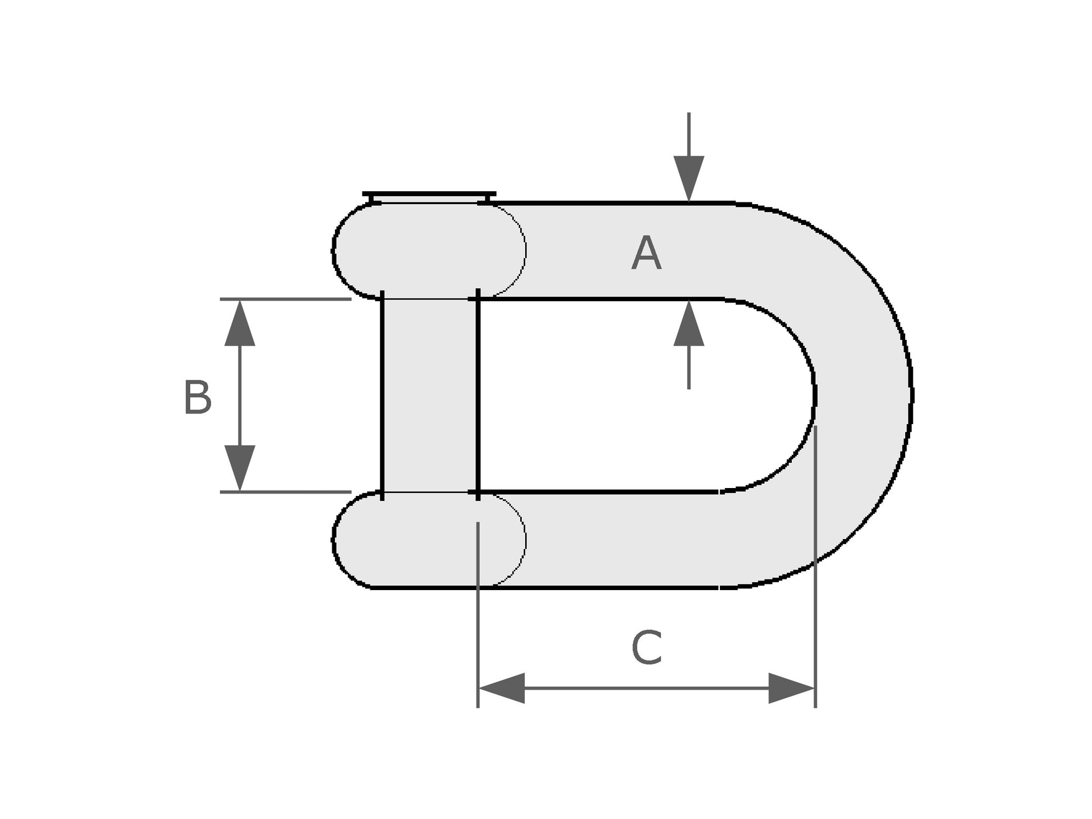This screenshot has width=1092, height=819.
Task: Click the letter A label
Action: tap(646, 254)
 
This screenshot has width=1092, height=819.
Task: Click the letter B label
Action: tap(198, 398)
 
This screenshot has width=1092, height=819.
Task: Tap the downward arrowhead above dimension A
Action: tap(689, 177)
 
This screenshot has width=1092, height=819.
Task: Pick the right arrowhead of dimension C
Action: tap(791, 688)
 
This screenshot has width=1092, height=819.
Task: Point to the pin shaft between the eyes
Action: tap(429, 395)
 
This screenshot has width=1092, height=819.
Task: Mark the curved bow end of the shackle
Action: tap(864, 395)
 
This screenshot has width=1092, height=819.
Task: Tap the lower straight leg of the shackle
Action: tap(617, 540)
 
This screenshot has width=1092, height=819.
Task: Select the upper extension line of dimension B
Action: tap(286, 299)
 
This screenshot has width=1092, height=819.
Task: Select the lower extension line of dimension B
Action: tap(286, 492)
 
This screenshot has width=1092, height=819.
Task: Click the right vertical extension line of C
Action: tap(815, 617)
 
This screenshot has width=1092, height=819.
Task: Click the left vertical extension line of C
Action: tap(478, 617)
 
